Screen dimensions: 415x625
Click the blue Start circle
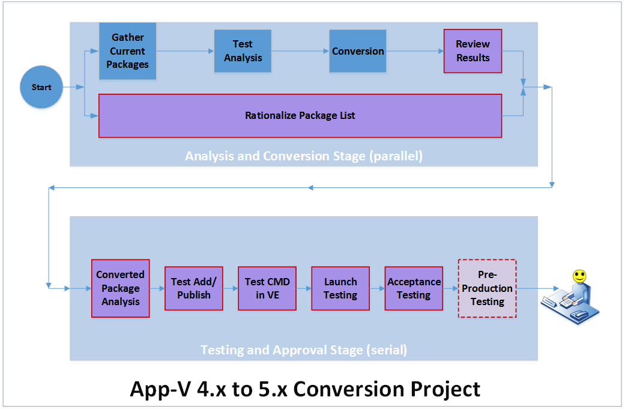[41, 87]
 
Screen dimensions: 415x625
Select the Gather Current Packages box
[127, 51]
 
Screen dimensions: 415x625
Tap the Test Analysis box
[243, 51]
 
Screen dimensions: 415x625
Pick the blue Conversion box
[358, 51]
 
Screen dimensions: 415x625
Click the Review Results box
[473, 51]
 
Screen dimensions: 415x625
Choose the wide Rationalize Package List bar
[300, 115]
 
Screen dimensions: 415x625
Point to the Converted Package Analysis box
[120, 288]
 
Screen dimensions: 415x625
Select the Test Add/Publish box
[193, 288]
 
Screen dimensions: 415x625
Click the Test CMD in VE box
[267, 288]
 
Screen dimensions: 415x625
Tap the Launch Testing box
[340, 288]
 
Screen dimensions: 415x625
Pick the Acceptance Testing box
[414, 288]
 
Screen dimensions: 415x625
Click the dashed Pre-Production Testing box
[487, 288]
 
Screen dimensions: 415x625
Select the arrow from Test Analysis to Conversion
[300, 51]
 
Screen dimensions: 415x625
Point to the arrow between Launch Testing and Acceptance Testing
[377, 288]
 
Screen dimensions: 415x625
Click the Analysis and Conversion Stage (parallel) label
[304, 156]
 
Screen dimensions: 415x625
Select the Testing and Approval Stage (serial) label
[304, 350]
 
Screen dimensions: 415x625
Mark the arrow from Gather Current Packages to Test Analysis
[185, 51]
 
